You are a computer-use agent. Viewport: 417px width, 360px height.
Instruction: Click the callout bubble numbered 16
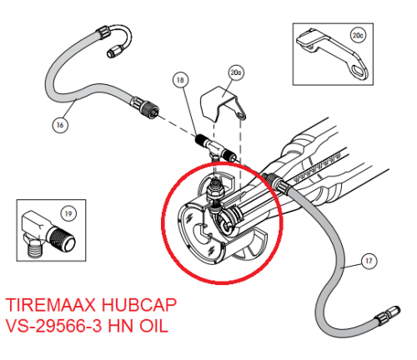coord(60,125)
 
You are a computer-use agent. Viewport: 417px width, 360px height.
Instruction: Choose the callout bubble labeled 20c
coord(359,36)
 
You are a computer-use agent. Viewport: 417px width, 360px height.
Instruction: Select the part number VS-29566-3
coord(57,327)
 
